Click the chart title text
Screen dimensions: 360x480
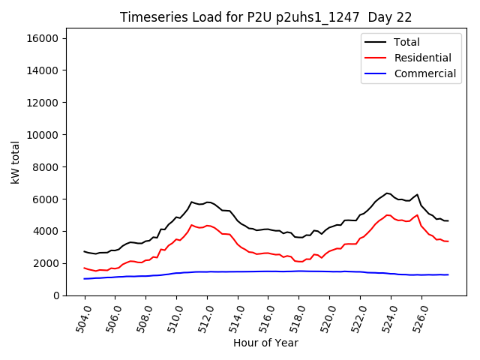pos(265,17)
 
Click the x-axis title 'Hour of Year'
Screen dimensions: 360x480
pos(265,343)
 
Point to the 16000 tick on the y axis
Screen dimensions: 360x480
pos(46,38)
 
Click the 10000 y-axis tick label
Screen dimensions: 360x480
pos(46,135)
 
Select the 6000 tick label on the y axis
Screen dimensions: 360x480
pos(49,199)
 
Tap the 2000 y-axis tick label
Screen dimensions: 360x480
pos(49,263)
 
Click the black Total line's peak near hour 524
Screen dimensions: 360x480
pos(388,193)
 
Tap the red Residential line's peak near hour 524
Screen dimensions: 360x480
pos(388,215)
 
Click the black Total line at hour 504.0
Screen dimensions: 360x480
pos(84,251)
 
